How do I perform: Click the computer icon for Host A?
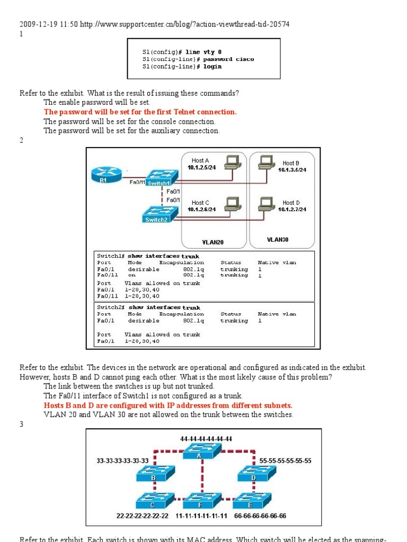click(x=232, y=162)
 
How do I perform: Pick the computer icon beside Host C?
click(x=232, y=204)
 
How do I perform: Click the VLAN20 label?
click(x=213, y=242)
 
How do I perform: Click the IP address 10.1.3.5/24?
click(x=292, y=170)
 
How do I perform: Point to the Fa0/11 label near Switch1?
click(x=137, y=182)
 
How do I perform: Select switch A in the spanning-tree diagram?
click(x=199, y=453)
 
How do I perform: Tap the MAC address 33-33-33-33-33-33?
click(x=123, y=460)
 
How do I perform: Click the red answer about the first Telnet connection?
click(x=140, y=112)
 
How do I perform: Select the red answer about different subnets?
click(x=167, y=405)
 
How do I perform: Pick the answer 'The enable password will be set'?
click(x=97, y=102)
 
